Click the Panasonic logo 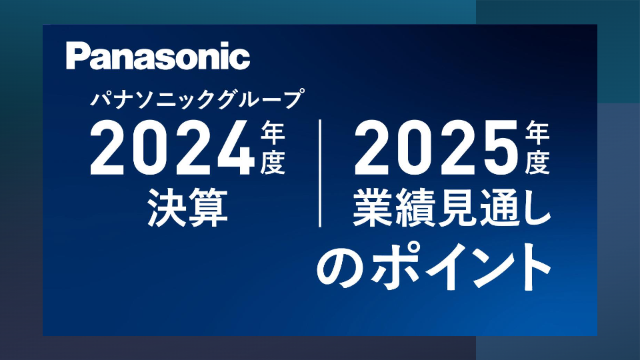point(158,56)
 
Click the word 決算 point(187,207)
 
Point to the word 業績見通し point(452,207)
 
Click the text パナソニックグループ point(197,99)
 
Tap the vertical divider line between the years point(320,173)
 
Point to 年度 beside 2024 point(273,149)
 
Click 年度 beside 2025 point(537,149)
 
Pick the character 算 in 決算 point(208,207)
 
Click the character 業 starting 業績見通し point(372,207)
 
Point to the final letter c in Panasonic point(240,59)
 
